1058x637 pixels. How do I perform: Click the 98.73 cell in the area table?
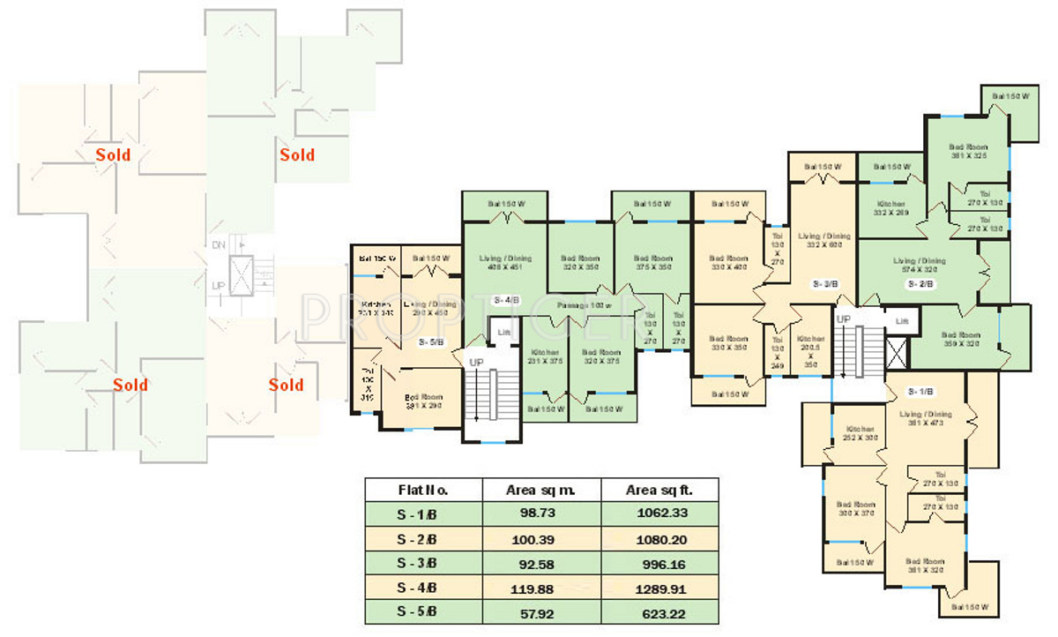tap(540, 513)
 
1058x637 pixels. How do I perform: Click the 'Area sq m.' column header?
tap(540, 490)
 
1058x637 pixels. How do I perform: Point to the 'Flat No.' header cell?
tap(423, 490)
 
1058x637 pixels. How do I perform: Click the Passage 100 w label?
tap(583, 304)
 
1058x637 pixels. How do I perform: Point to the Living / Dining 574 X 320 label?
tap(919, 265)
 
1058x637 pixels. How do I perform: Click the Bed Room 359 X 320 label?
tap(959, 340)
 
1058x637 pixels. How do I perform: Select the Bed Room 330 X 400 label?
tap(728, 263)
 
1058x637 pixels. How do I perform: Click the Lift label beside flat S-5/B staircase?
tap(503, 332)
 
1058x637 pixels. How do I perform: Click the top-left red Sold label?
tap(114, 155)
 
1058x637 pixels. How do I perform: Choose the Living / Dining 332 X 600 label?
tap(823, 240)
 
